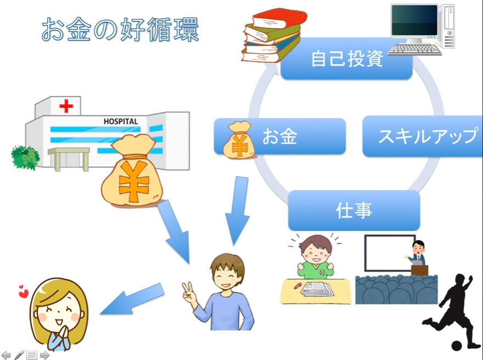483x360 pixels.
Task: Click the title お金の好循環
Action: coord(120,29)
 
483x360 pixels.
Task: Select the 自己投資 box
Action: coord(347,58)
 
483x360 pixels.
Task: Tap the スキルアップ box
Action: coord(423,136)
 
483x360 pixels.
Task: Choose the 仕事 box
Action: coord(354,210)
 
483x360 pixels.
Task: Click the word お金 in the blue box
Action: coord(280,136)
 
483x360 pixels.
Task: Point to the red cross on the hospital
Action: coord(66,106)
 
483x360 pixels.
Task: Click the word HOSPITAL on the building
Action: coord(121,121)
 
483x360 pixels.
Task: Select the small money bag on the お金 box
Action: coord(238,140)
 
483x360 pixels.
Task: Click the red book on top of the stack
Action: coord(279,19)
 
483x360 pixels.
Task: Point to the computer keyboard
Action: coord(414,49)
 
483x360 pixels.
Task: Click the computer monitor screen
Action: coord(414,20)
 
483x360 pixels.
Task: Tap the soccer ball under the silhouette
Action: coord(457,346)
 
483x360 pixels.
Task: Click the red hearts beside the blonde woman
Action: coord(23,291)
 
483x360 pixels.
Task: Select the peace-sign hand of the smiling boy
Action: coord(190,293)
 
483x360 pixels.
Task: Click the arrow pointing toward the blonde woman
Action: coord(132,300)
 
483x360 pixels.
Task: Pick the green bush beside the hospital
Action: coord(25,158)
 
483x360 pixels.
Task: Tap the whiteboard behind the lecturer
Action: coord(390,253)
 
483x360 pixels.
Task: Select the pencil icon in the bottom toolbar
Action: coord(19,355)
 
